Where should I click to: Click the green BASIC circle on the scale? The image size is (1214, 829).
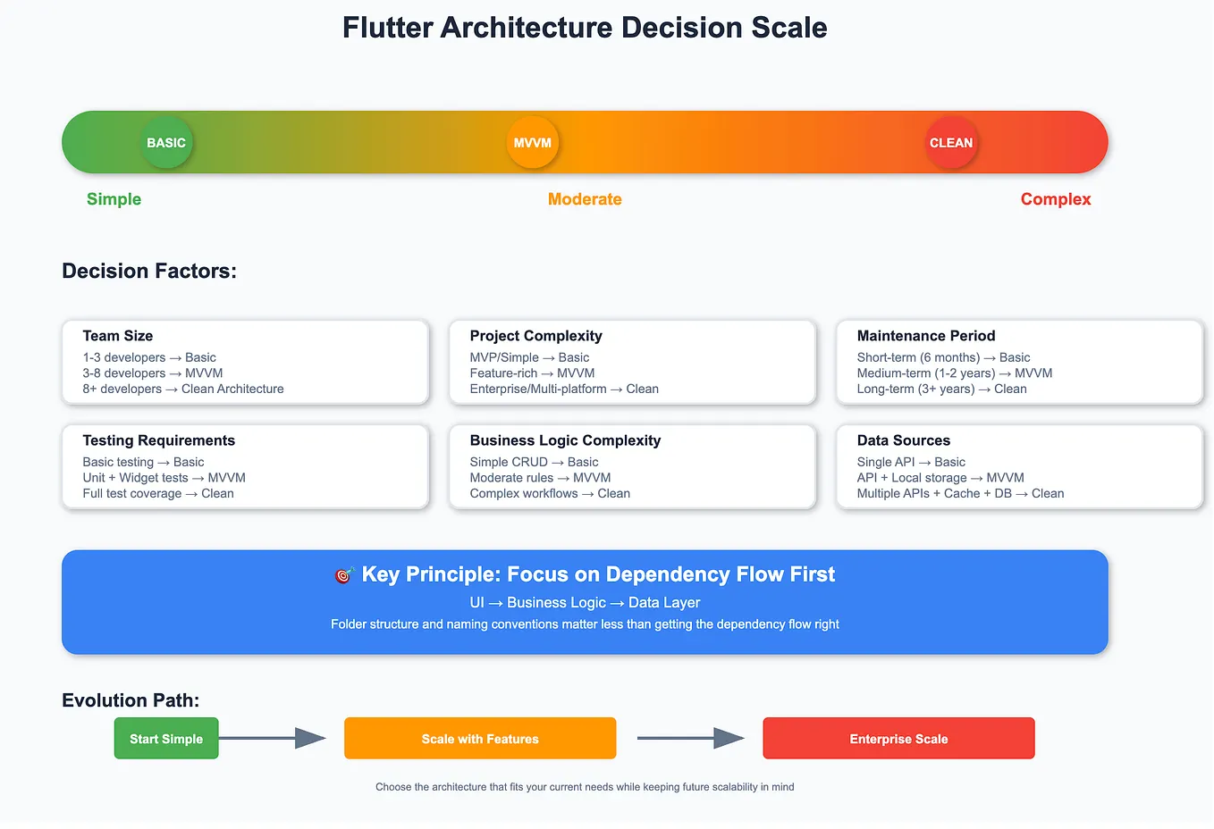166,143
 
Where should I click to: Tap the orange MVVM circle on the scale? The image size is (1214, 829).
533,143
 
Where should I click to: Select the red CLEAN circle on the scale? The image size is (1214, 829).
951,143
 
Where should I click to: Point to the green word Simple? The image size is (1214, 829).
114,199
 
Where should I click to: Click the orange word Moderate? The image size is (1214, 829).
585,199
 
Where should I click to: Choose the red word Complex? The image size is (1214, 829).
1056,199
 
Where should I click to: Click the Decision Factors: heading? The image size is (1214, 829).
149,271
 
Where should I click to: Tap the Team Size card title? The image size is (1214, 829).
118,336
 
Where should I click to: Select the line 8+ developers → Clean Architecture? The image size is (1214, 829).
183,389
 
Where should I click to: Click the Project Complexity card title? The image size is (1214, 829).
535,336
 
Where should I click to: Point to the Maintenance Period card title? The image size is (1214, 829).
926,336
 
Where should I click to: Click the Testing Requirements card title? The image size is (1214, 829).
159,440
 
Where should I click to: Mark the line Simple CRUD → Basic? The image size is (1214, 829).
534,462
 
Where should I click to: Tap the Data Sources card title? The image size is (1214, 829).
904,440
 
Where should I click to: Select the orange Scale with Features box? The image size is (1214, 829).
480,739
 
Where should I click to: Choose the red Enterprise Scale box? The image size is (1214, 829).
898,739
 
